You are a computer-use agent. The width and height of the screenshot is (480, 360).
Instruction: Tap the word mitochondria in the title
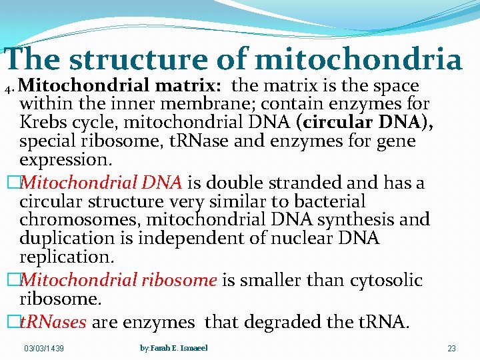(359, 59)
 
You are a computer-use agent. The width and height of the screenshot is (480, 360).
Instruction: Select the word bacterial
(327, 201)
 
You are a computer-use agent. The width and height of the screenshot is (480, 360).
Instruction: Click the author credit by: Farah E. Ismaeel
(173, 348)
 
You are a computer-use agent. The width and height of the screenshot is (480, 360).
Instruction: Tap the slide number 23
(451, 349)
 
